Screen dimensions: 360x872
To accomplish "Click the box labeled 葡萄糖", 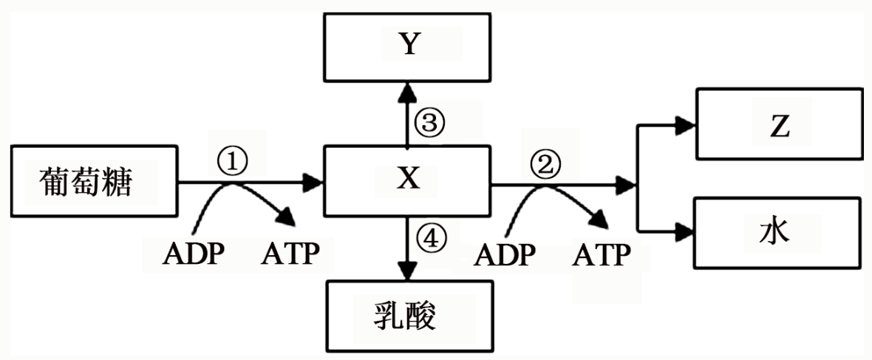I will [x=94, y=182].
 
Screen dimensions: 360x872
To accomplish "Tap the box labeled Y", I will [x=407, y=46].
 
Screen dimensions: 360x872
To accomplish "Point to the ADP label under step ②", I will [x=505, y=255].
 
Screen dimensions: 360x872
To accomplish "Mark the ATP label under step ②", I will [x=603, y=255].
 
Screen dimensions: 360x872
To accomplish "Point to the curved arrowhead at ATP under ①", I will [x=285, y=217].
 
